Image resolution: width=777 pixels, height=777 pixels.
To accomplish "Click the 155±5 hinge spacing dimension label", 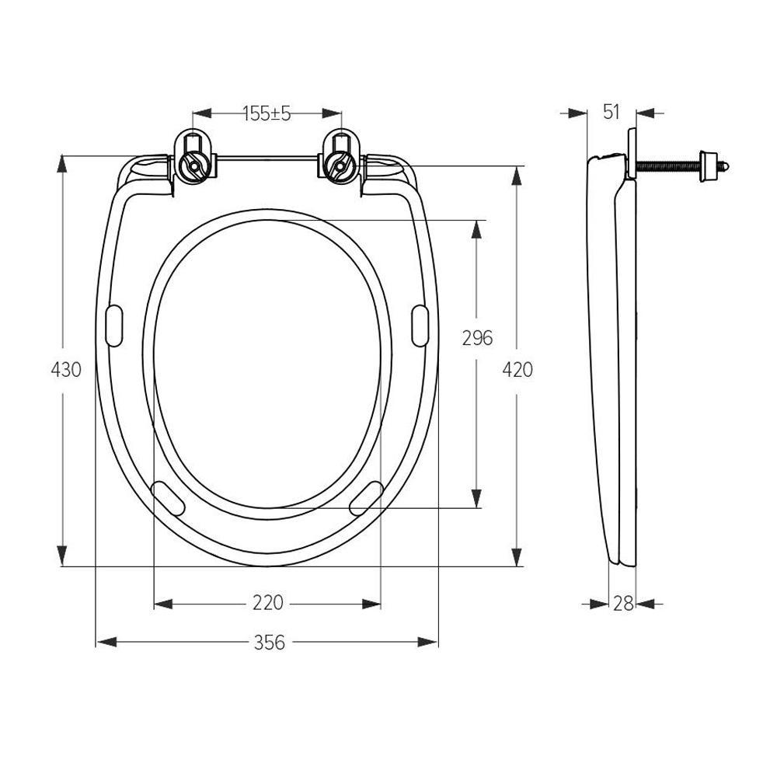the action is [x=267, y=113].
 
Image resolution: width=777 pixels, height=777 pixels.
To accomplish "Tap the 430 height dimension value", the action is [x=66, y=370].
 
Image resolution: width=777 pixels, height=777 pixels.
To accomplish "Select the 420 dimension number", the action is [x=517, y=370].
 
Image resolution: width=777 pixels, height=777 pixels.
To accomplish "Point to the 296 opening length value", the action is [x=477, y=338].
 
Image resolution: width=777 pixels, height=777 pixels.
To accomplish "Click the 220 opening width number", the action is [x=267, y=603].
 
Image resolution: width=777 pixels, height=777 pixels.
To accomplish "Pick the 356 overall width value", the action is [x=270, y=643].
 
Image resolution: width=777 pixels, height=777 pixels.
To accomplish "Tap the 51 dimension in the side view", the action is [x=611, y=112].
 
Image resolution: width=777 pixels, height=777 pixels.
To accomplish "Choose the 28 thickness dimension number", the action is [x=623, y=603].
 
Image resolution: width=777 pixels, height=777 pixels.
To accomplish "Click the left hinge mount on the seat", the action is [x=193, y=157].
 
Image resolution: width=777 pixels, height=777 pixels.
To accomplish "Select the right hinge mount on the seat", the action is [x=341, y=157].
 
